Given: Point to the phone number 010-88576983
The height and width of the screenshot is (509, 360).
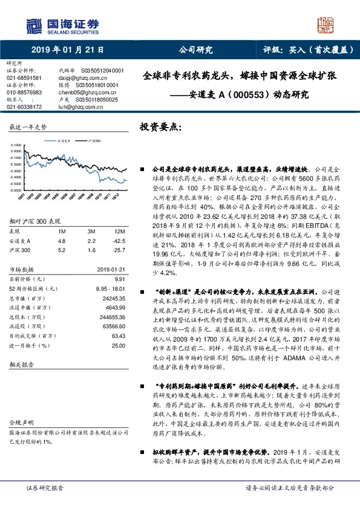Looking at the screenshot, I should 24,92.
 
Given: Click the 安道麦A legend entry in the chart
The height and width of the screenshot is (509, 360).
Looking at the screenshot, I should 62,140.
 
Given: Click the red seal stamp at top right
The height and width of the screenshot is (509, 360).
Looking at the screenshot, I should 326,25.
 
